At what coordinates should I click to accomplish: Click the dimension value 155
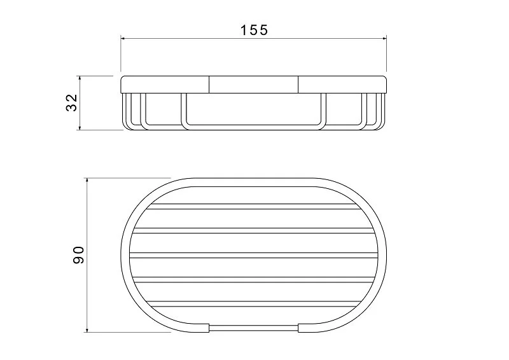253,29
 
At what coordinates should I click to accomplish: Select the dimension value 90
78,255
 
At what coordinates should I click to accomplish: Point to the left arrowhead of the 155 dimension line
124,39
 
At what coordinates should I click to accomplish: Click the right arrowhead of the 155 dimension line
383,39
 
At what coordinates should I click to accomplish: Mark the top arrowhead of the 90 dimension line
87,181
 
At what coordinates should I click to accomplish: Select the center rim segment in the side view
253,85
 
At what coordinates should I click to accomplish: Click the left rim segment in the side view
165,85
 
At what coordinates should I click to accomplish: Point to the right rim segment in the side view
342,85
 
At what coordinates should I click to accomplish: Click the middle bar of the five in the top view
253,256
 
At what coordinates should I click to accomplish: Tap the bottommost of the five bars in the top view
253,304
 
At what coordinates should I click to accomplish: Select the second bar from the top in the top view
253,231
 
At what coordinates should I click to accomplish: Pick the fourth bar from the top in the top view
253,280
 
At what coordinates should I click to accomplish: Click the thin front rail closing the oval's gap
253,328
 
